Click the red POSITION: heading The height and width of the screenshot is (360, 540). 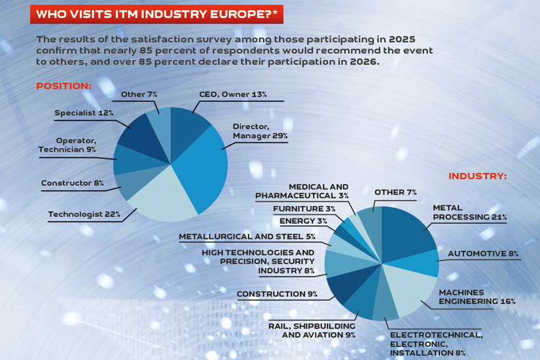[63, 86]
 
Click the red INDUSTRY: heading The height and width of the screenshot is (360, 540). [478, 176]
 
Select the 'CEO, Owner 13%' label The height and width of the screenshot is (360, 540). [233, 95]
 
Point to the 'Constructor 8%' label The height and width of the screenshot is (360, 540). [72, 183]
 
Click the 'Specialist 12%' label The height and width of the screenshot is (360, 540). [84, 113]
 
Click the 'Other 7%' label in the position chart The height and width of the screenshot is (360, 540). [139, 95]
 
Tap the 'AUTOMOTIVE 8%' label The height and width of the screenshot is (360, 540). [483, 253]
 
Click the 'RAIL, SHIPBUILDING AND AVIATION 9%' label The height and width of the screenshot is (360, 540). [312, 330]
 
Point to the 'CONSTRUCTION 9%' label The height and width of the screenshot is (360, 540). [277, 294]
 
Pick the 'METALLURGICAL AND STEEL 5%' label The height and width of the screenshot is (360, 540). [247, 236]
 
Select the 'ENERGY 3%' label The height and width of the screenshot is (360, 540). [303, 221]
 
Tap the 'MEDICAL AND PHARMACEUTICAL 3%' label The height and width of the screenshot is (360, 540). [302, 192]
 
